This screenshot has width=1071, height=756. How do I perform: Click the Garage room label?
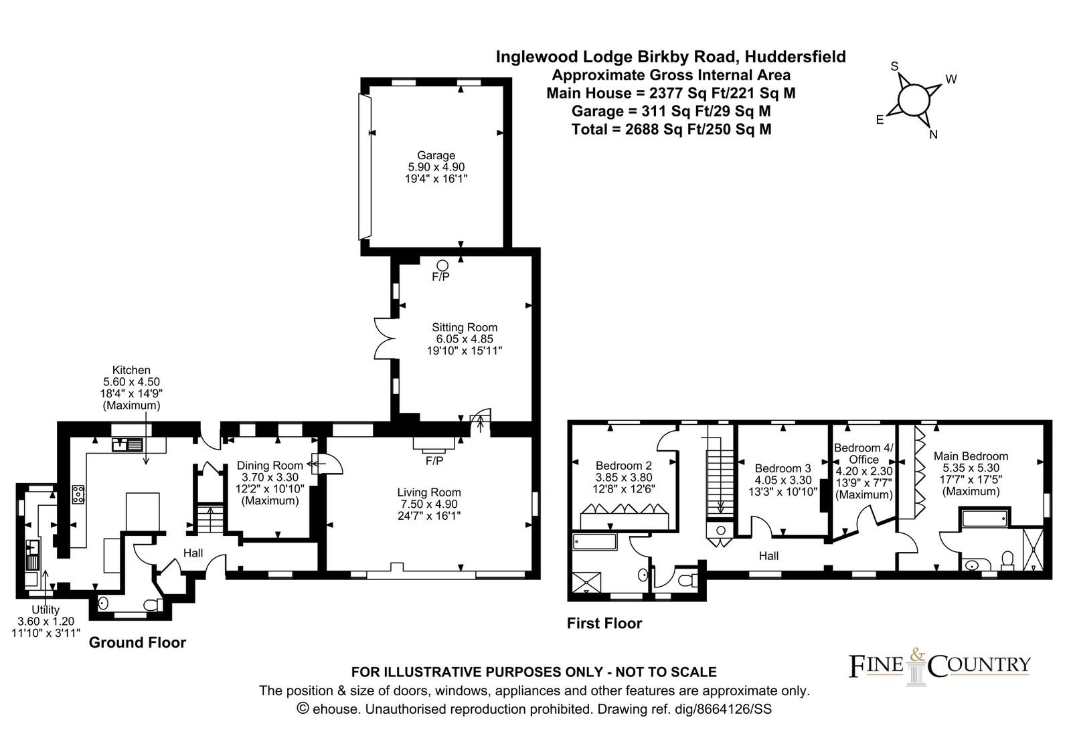436,155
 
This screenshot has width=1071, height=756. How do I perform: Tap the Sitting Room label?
465,327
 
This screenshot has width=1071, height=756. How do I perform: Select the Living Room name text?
429,492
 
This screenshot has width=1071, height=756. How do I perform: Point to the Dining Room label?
270,466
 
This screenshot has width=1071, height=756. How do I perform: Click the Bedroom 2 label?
623,466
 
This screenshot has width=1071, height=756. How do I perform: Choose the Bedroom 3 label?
782,468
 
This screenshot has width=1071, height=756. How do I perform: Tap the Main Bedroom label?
971,456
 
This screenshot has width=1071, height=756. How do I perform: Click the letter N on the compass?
933,134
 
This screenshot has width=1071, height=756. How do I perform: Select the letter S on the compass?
894,66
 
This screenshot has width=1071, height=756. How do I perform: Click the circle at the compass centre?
914,100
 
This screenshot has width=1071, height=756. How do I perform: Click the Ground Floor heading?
137,642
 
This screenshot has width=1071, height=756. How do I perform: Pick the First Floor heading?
604,623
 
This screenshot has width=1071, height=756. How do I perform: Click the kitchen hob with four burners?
78,494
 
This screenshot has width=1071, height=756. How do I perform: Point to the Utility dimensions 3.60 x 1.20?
46,622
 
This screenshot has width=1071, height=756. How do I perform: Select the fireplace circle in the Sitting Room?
442,265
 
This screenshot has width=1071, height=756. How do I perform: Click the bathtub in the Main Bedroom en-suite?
985,518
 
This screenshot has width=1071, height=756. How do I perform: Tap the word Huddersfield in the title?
795,57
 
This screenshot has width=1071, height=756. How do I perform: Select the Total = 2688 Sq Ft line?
671,129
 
